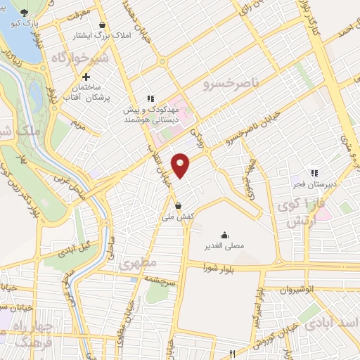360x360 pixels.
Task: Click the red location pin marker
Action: tap(181, 165)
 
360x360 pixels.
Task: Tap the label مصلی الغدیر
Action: tap(224, 246)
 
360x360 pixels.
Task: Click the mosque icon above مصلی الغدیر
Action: tap(224, 235)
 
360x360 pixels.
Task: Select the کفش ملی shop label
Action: tap(179, 217)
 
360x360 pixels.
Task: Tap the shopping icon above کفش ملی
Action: tap(179, 206)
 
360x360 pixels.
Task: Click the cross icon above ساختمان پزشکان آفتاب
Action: tap(86, 77)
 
